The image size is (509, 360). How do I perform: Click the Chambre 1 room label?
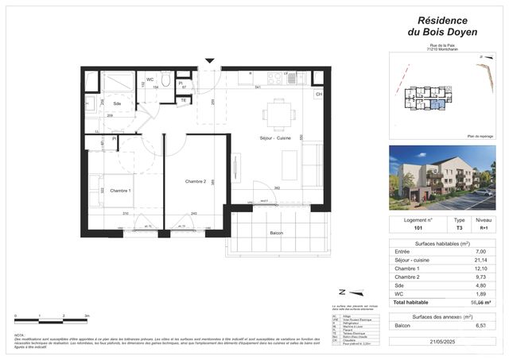point(120,191)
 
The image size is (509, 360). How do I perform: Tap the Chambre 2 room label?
point(196,182)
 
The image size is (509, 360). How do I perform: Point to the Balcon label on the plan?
point(276,233)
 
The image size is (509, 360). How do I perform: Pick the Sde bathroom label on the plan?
point(117,104)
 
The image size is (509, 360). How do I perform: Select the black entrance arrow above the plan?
point(209,60)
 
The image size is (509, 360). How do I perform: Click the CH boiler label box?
point(318,95)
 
